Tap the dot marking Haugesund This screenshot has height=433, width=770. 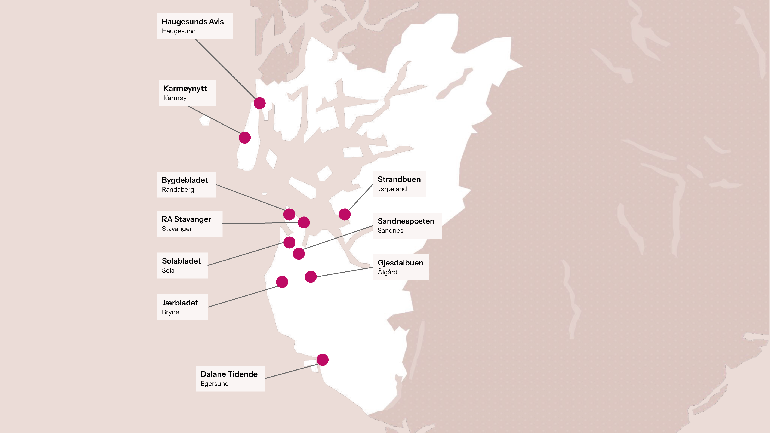(x=259, y=103)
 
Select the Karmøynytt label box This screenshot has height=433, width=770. (x=187, y=93)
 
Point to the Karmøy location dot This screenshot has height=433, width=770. (x=245, y=138)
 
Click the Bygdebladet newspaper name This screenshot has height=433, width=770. (x=185, y=180)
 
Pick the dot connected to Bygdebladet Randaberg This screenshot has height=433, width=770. (x=289, y=214)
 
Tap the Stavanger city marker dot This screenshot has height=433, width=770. (x=304, y=222)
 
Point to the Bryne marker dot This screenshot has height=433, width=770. (x=282, y=282)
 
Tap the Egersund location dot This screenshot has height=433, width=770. (x=323, y=360)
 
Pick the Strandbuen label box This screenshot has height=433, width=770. (x=399, y=184)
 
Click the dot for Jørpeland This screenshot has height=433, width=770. (x=344, y=214)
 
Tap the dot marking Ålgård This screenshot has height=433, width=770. (x=311, y=277)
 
